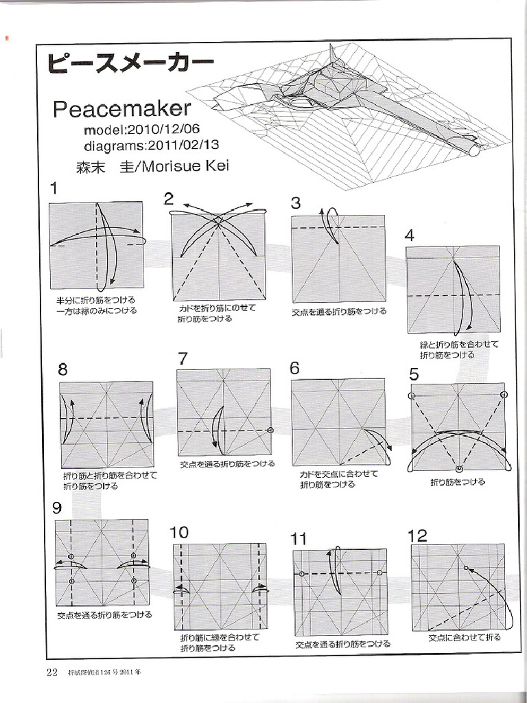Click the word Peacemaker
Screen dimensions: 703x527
pyautogui.click(x=121, y=108)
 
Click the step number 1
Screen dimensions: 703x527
pyautogui.click(x=54, y=188)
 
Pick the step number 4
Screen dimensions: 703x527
pyautogui.click(x=410, y=235)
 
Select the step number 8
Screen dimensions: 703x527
pyautogui.click(x=63, y=370)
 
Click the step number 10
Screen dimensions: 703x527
pyautogui.click(x=178, y=533)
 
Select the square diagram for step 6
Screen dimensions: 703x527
pyautogui.click(x=338, y=423)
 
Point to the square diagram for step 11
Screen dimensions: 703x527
pyautogui.click(x=340, y=592)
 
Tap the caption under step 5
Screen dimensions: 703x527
pyautogui.click(x=458, y=483)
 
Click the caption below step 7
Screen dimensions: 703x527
pyautogui.click(x=227, y=464)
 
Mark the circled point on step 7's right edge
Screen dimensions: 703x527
pyautogui.click(x=270, y=430)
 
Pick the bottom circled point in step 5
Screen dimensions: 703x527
pyautogui.click(x=459, y=468)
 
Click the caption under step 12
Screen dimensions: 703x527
pyautogui.click(x=465, y=638)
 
